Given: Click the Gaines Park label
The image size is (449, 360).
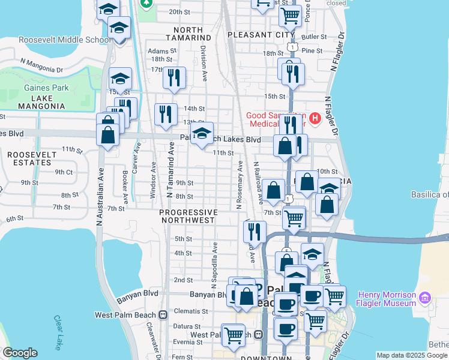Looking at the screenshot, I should pos(46,88).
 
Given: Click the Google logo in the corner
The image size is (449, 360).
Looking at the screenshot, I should pos(19,353).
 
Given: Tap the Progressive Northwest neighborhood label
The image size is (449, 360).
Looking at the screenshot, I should pos(188,216).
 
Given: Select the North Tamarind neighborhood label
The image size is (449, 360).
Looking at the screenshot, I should pos(193,34).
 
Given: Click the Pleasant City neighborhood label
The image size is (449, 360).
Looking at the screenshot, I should pos(262,35).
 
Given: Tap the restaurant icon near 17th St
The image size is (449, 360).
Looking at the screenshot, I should pos(174,78).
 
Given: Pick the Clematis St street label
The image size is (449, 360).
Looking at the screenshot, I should pos(190,311).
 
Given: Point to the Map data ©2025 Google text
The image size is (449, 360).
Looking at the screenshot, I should pos(412,355).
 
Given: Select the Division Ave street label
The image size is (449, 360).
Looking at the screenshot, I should pos(204,64).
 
